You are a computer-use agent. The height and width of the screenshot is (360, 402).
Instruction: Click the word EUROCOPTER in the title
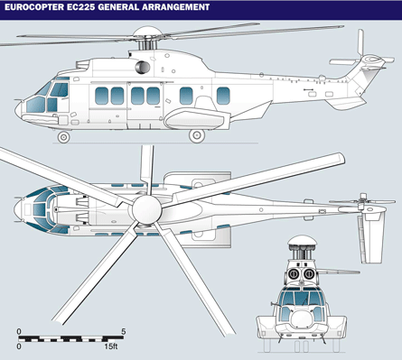pyautogui.click(x=34, y=7)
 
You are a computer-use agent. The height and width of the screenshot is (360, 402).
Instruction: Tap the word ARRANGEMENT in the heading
pyautogui.click(x=175, y=7)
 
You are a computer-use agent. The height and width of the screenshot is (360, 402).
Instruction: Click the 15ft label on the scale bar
pyautogui.click(x=111, y=346)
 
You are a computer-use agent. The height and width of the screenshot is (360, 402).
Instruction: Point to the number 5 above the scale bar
pyautogui.click(x=123, y=331)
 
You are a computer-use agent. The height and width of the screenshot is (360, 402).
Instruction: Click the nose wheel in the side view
pyautogui.click(x=63, y=137)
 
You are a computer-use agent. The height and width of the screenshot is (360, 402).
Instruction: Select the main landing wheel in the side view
pyautogui.click(x=197, y=136)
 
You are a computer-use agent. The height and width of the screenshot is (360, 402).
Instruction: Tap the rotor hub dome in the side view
pyautogui.click(x=147, y=31)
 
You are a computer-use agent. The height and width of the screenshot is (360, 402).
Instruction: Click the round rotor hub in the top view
pyautogui.click(x=146, y=209)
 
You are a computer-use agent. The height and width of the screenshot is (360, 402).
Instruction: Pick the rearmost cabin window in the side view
pyautogui.click(x=223, y=96)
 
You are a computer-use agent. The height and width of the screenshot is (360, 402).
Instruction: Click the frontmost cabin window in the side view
pyautogui.click(x=101, y=96)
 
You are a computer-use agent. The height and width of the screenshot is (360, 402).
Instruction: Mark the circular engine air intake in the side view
pyautogui.click(x=143, y=68)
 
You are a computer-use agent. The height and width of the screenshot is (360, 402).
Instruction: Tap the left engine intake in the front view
pyautogui.click(x=293, y=274)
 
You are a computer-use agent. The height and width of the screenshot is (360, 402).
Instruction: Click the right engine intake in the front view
pyautogui.click(x=309, y=274)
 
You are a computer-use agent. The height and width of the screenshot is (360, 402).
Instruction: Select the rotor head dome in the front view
pyautogui.click(x=302, y=240)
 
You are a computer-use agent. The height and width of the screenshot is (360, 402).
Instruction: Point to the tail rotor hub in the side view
pyautogui.click(x=373, y=60)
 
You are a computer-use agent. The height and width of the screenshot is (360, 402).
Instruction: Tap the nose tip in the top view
pyautogui.click(x=14, y=208)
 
